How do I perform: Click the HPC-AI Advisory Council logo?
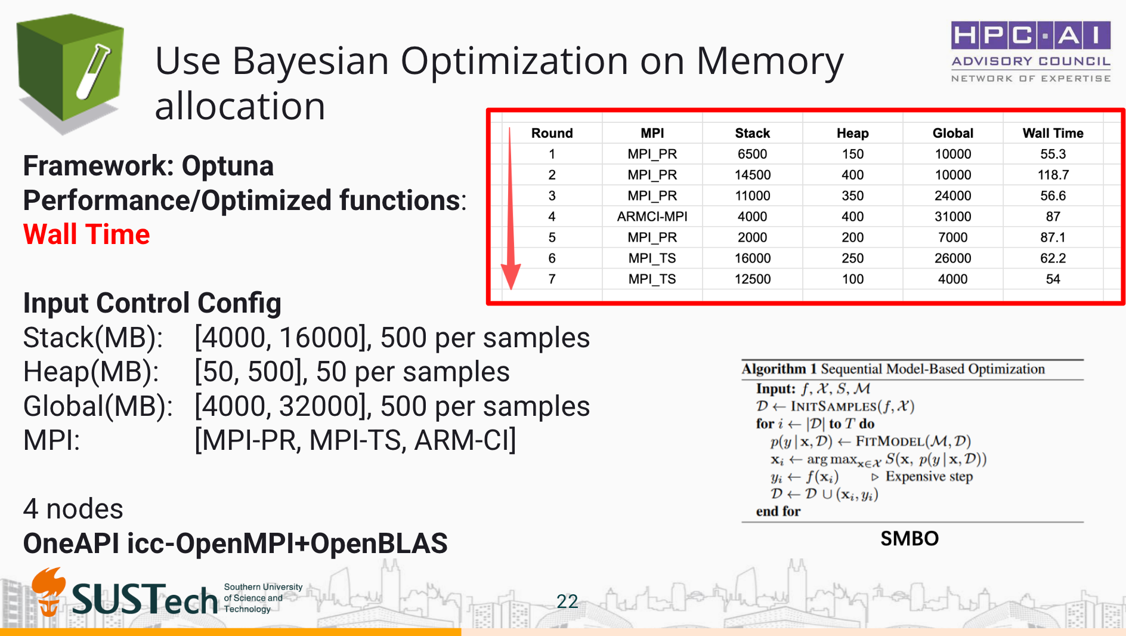tap(1031, 52)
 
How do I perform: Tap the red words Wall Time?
tap(86, 234)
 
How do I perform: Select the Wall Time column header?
tap(1053, 133)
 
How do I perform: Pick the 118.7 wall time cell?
tap(1053, 175)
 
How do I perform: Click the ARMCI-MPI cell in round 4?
tap(652, 217)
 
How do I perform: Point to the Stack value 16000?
tap(752, 258)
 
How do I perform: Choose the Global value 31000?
tap(952, 217)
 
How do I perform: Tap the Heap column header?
tap(852, 133)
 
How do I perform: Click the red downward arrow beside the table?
tap(511, 208)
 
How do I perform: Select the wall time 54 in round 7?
tap(1053, 279)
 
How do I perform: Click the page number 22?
tap(567, 601)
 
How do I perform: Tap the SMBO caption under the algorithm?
tap(910, 539)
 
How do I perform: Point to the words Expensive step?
tap(929, 476)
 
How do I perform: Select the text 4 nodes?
tap(73, 509)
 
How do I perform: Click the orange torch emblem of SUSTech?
tap(49, 591)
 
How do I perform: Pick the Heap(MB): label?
tap(91, 372)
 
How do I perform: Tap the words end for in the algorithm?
tap(778, 511)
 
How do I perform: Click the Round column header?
tap(552, 133)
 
